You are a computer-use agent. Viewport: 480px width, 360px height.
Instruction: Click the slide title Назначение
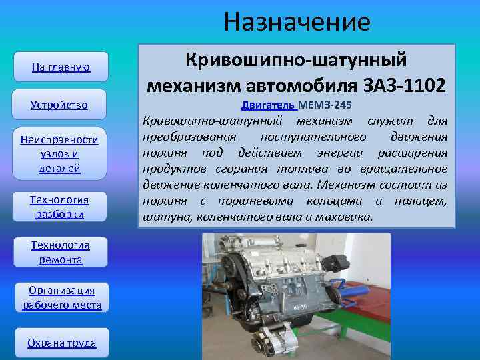tap(297, 22)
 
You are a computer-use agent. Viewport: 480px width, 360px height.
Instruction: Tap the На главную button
tap(61, 67)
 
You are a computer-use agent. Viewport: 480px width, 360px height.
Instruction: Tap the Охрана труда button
tap(61, 343)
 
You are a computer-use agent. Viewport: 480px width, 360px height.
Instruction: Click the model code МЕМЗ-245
tap(325, 105)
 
